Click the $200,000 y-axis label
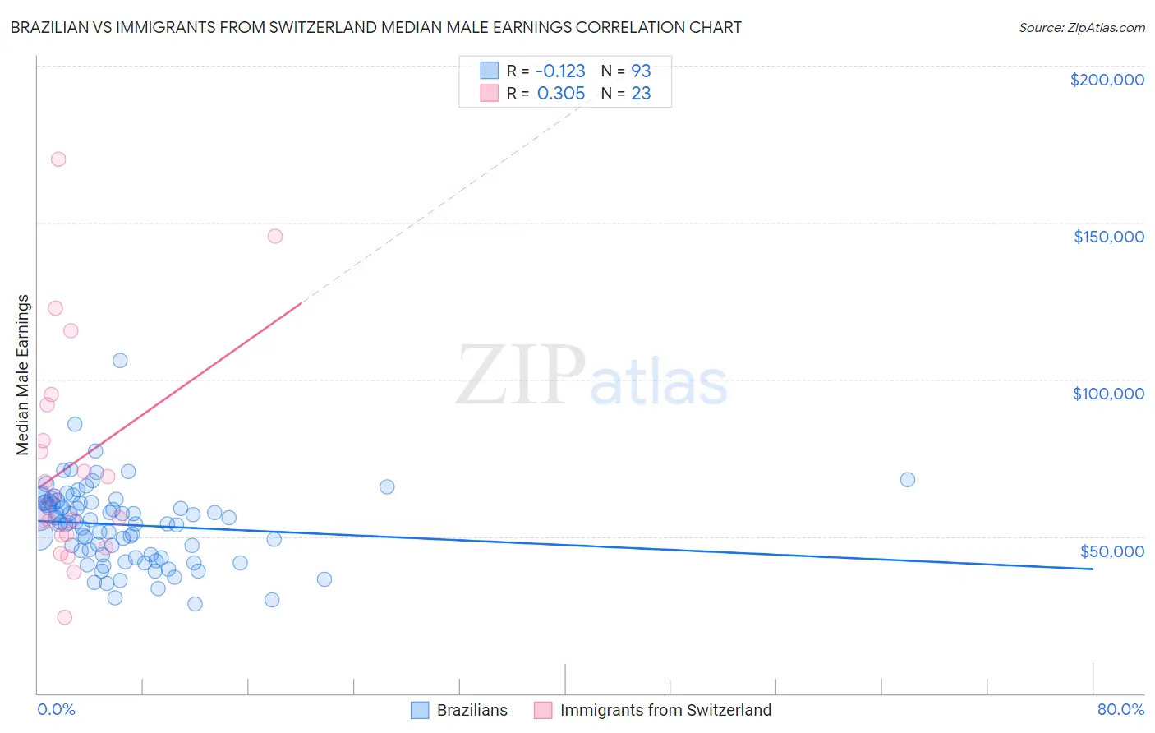pyautogui.click(x=1107, y=80)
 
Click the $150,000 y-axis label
pyautogui.click(x=1108, y=237)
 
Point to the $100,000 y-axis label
pyautogui.click(x=1108, y=394)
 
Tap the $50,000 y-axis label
pyautogui.click(x=1111, y=551)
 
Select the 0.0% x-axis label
pyautogui.click(x=56, y=709)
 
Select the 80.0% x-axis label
pyautogui.click(x=1120, y=709)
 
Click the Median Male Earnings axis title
pyautogui.click(x=23, y=374)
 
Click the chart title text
pyautogui.click(x=375, y=27)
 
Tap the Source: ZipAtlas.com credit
pyautogui.click(x=1081, y=27)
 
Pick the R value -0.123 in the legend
pyautogui.click(x=560, y=71)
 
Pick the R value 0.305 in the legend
pyautogui.click(x=561, y=94)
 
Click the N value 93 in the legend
pyautogui.click(x=641, y=71)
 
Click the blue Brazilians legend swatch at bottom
pyautogui.click(x=420, y=710)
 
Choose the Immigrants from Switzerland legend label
pyautogui.click(x=665, y=710)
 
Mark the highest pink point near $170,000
pyautogui.click(x=58, y=159)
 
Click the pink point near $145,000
pyautogui.click(x=275, y=236)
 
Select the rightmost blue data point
pyautogui.click(x=908, y=480)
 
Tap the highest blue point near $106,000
pyautogui.click(x=120, y=361)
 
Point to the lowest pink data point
pyautogui.click(x=64, y=617)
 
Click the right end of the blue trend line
pyautogui.click(x=1093, y=569)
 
